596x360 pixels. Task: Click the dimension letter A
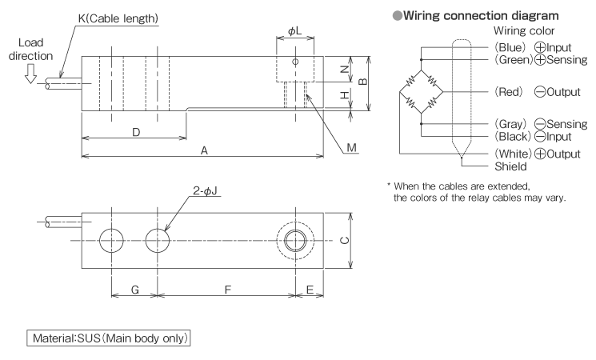tap(204, 150)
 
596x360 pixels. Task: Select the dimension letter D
tap(136, 133)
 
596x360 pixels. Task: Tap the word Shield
tap(510, 166)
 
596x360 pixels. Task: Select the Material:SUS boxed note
tap(110, 338)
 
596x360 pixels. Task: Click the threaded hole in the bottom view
tap(295, 240)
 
